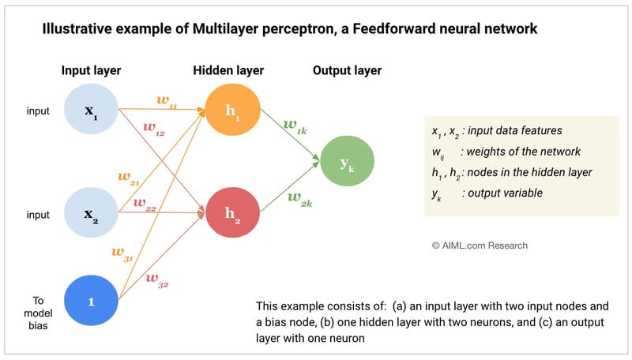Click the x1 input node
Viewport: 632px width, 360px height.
pos(91,110)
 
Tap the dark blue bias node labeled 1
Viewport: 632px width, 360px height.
pos(91,300)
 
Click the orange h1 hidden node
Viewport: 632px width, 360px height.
pos(232,110)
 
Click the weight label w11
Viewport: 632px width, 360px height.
pos(167,101)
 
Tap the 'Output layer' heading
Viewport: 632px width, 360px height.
pos(347,71)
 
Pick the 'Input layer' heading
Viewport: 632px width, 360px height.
pos(93,71)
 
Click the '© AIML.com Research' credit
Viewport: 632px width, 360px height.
pos(480,246)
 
